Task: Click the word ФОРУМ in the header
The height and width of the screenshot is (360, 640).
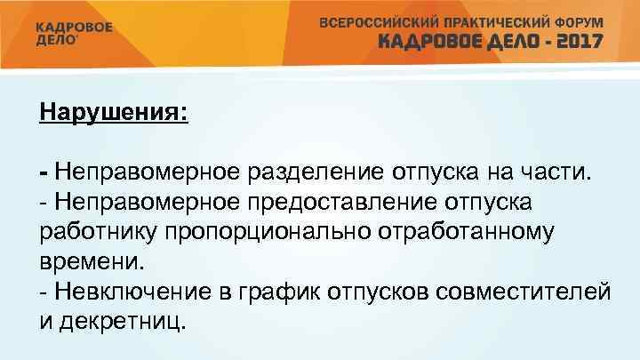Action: [x=576, y=21]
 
